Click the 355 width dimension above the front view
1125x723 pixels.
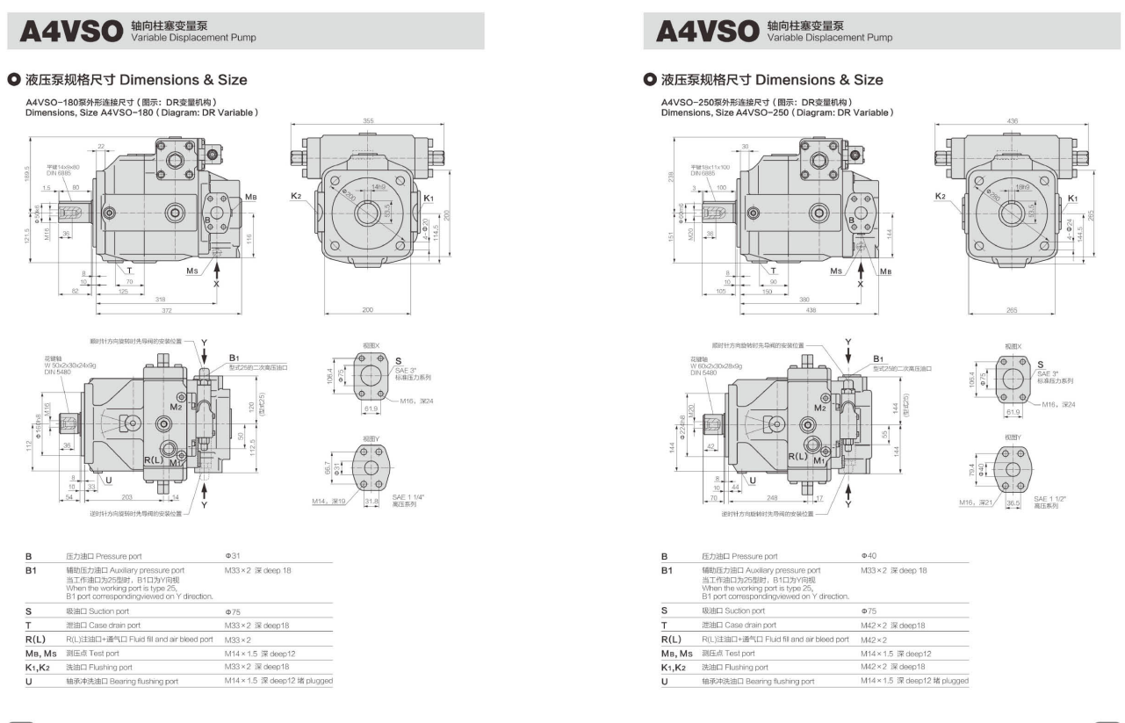[x=367, y=120]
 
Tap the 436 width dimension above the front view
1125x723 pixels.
[x=1013, y=120]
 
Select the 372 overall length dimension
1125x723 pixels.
[x=161, y=310]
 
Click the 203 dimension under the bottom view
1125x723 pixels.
[x=127, y=495]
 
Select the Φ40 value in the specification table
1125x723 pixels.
[x=869, y=556]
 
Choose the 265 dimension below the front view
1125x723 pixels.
[x=1013, y=310]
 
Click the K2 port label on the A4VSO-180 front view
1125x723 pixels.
[x=297, y=197]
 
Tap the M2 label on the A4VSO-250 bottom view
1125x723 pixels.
[x=819, y=408]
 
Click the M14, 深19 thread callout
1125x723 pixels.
[x=326, y=502]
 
